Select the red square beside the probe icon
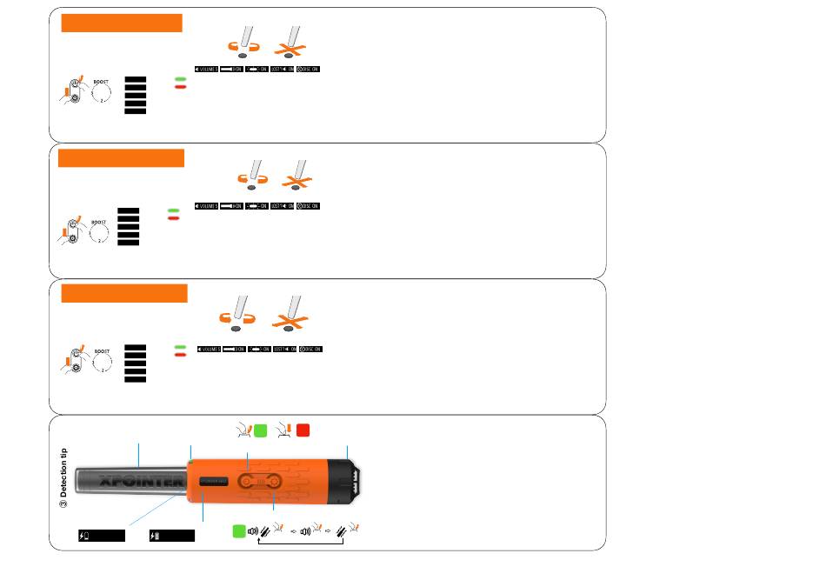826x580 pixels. tap(303, 430)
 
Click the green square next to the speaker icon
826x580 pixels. tap(240, 531)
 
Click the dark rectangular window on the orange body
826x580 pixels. tap(213, 481)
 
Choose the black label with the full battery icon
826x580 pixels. tap(171, 536)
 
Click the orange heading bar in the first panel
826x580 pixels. tap(122, 23)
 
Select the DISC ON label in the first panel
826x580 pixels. tap(309, 69)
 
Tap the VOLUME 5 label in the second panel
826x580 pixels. tap(206, 205)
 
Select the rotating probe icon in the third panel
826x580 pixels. tap(236, 311)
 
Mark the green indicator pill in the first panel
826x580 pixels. tap(180, 79)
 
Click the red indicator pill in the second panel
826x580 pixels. tap(173, 218)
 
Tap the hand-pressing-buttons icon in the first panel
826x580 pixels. tap(74, 90)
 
